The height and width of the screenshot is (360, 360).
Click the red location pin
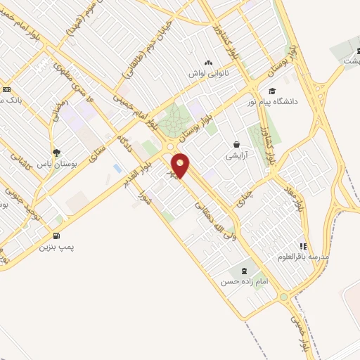tap(180, 165)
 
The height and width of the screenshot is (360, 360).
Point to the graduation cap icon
tap(272, 91)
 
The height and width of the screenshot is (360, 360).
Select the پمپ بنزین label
tap(56, 247)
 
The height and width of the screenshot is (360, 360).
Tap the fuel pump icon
tap(57, 236)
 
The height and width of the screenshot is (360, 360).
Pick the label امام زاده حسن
tap(243, 281)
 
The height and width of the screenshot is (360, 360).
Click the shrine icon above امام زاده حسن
tap(244, 271)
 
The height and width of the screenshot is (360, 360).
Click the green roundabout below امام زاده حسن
tap(284, 297)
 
